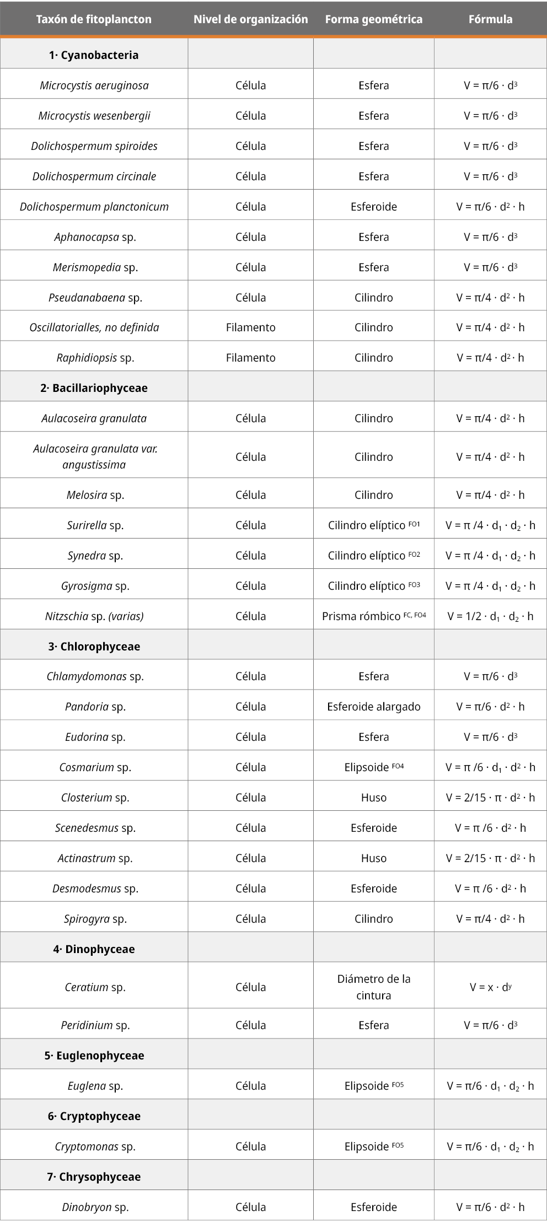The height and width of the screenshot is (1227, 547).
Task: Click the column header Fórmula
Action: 490,19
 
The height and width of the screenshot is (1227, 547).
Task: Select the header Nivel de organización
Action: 250,19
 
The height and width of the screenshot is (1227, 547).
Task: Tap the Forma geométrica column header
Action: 373,19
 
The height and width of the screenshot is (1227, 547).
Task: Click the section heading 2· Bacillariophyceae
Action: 94,388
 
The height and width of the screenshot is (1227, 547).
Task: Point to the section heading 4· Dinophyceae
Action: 94,949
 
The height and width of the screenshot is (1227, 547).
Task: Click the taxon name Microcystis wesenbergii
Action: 94,116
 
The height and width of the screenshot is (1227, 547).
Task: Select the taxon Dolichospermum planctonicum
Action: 94,207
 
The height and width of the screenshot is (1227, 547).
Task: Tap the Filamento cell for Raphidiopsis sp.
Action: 250,358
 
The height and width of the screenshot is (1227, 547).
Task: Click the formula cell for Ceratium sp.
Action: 490,987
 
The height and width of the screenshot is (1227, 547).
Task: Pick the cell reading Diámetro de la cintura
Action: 373,987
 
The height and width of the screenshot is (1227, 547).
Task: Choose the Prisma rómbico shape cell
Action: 373,616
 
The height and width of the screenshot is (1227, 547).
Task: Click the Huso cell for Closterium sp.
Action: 373,798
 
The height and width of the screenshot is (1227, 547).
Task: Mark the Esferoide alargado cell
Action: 373,707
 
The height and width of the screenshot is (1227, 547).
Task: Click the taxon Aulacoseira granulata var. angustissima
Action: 94,456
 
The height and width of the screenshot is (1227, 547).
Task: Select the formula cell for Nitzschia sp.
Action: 490,616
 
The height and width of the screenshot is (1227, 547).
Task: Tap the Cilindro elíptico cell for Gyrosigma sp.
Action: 373,586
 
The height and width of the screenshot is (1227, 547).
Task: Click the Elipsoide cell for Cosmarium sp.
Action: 373,767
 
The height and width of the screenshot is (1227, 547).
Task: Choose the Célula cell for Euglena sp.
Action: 250,1086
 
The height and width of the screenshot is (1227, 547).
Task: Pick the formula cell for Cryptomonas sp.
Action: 490,1147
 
